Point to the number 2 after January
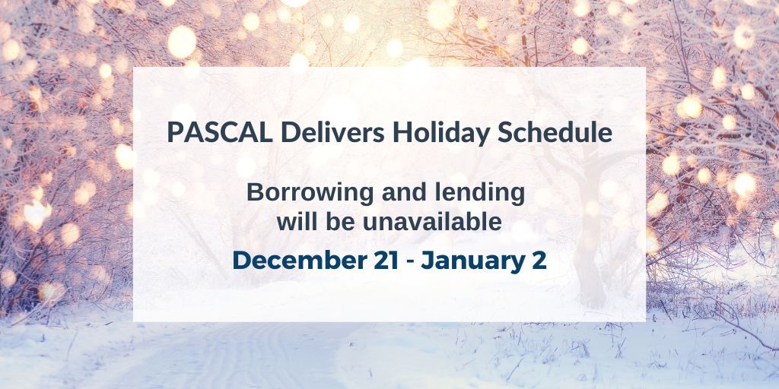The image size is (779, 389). tap(539, 260)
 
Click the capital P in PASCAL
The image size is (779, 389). tap(175, 132)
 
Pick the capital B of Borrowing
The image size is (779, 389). tap(255, 193)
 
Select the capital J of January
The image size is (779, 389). tap(428, 260)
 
